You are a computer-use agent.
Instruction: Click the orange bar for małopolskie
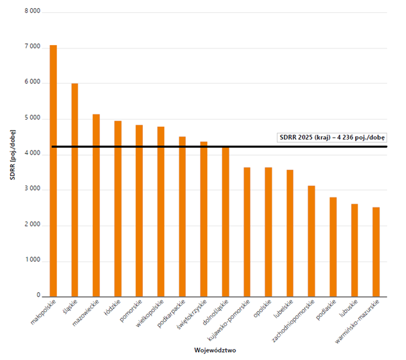53,171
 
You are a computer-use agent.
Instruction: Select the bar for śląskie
75,190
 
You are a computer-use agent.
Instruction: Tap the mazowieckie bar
97,206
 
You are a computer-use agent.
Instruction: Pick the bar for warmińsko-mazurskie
376,252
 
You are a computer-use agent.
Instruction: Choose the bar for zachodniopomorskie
311,241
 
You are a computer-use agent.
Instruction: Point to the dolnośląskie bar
225,222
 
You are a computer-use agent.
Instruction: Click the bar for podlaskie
334,247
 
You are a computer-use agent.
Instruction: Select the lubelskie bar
290,233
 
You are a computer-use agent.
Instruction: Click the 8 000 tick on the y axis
33,11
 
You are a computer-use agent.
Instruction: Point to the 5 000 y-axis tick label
33,118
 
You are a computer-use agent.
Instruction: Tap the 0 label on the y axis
38,295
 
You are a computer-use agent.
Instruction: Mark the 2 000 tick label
33,224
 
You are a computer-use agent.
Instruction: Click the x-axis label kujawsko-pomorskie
229,320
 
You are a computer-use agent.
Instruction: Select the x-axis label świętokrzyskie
192,314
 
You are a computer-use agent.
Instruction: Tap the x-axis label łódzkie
112,308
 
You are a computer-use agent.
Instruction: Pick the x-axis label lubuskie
348,308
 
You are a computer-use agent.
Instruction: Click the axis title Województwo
215,351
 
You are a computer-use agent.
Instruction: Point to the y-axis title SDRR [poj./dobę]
13,154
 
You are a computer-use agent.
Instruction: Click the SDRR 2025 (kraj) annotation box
332,138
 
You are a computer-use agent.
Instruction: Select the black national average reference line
219,146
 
